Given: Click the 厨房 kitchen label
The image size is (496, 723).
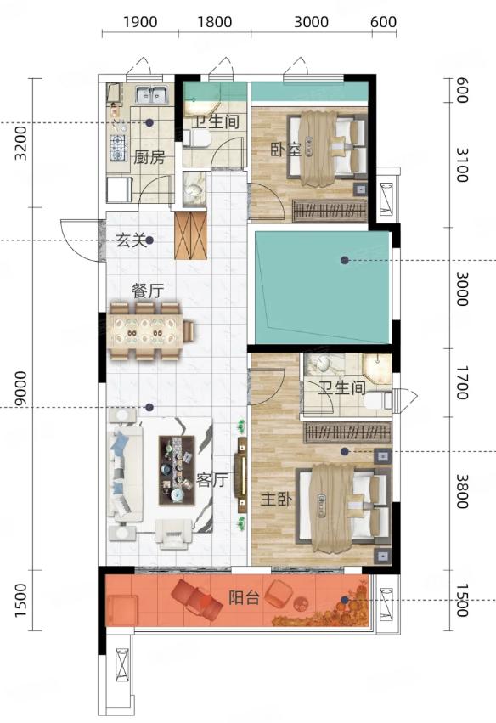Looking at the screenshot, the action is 149,158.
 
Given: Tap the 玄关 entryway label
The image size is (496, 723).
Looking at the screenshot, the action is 131,240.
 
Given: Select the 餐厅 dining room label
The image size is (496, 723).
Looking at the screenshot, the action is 148,291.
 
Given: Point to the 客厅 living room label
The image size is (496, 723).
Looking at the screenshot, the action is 212,480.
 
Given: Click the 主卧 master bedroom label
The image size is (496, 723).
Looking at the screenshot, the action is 276,499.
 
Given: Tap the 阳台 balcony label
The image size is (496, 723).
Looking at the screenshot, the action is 244,598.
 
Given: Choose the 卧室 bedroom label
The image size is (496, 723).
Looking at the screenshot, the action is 286,150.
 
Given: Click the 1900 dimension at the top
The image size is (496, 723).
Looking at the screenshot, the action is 141,22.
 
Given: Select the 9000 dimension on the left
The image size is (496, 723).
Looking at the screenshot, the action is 20,389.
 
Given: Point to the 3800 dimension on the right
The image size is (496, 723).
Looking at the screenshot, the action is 462,492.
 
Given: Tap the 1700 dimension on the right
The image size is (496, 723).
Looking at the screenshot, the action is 462,382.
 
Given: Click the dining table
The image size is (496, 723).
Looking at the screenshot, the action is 144,331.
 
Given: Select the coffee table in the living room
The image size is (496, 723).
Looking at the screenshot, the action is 177,470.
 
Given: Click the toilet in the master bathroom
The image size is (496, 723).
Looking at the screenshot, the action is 377,400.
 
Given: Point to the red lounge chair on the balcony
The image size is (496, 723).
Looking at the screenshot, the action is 197,599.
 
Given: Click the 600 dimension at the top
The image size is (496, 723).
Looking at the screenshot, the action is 384,22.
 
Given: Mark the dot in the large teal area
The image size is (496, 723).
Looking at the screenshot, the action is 344,261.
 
